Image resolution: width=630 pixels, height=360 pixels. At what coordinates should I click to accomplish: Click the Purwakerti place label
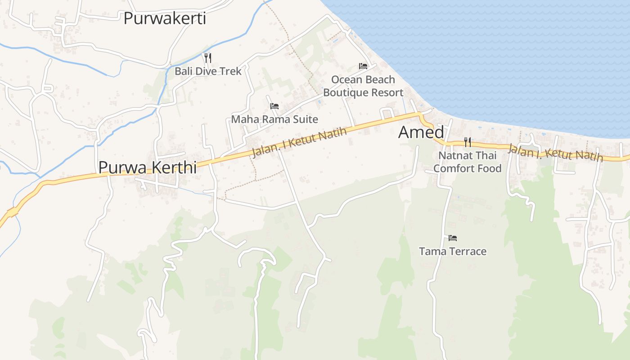165,19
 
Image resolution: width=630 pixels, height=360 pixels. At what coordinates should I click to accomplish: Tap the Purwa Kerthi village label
148,167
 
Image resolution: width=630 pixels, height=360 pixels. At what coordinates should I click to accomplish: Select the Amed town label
421,132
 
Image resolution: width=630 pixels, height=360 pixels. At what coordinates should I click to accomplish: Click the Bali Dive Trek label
208,71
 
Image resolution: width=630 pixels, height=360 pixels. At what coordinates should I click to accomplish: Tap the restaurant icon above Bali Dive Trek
207,58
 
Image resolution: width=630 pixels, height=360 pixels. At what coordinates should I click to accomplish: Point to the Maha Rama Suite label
274,119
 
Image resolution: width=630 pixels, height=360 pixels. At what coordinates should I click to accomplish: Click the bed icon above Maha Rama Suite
274,106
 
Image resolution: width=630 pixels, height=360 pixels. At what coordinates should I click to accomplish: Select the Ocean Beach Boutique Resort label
363,86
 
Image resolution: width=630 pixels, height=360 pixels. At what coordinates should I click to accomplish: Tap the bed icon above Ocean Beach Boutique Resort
363,66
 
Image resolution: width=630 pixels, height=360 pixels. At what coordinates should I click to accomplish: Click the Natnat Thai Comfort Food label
468,162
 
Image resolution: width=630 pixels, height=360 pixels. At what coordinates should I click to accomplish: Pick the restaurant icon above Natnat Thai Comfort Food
468,142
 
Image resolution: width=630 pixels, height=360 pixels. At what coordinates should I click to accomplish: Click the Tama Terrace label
453,251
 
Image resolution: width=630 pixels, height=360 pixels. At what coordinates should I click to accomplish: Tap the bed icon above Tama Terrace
453,238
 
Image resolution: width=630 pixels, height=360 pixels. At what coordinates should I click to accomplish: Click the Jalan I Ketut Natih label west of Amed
300,142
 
